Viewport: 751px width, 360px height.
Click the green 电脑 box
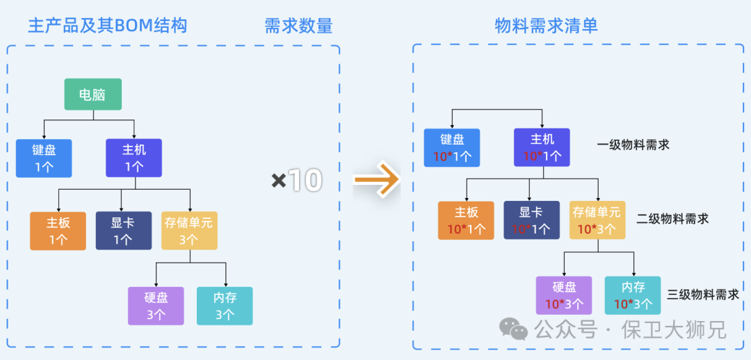(x=92, y=95)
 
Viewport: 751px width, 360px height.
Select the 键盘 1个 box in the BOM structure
(x=44, y=158)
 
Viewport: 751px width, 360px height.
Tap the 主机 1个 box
(x=134, y=158)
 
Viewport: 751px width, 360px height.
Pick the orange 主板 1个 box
(x=58, y=231)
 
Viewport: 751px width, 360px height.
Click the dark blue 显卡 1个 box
(x=123, y=231)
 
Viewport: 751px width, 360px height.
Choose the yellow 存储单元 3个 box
(x=189, y=231)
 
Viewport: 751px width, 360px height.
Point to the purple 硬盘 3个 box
(x=156, y=306)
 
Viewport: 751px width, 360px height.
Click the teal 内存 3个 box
(x=225, y=306)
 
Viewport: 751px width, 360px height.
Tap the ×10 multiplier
(x=297, y=181)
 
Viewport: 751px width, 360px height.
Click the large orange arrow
(x=375, y=181)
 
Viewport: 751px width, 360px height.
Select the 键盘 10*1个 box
(x=452, y=147)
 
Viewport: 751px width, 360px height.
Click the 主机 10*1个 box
(x=542, y=147)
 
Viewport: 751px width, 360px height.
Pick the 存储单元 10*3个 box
(x=597, y=220)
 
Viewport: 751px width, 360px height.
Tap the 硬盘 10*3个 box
(x=563, y=295)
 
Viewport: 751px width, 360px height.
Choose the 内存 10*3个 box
(x=633, y=295)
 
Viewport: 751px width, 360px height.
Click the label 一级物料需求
(x=633, y=145)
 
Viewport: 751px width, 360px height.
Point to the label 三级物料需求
(x=702, y=294)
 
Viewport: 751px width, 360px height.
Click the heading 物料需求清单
(x=547, y=26)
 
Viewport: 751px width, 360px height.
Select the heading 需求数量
(x=298, y=26)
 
